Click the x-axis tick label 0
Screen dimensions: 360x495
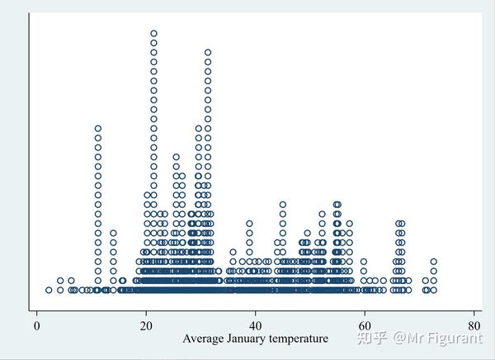point(37,324)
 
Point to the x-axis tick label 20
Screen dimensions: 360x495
point(146,324)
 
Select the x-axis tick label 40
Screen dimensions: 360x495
point(256,324)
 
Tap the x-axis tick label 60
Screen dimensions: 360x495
point(365,324)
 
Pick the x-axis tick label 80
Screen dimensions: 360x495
point(474,324)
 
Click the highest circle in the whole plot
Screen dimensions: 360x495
point(153,34)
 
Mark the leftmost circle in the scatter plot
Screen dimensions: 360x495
point(49,290)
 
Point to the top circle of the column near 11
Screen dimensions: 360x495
point(98,128)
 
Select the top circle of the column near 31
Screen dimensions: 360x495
point(208,51)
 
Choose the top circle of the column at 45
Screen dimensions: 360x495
point(283,204)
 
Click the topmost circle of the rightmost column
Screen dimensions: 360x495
point(433,262)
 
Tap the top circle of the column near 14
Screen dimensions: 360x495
point(113,233)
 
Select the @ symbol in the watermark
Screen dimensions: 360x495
point(399,338)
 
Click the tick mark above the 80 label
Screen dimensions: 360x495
point(474,313)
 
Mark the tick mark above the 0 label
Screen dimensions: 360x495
point(37,313)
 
